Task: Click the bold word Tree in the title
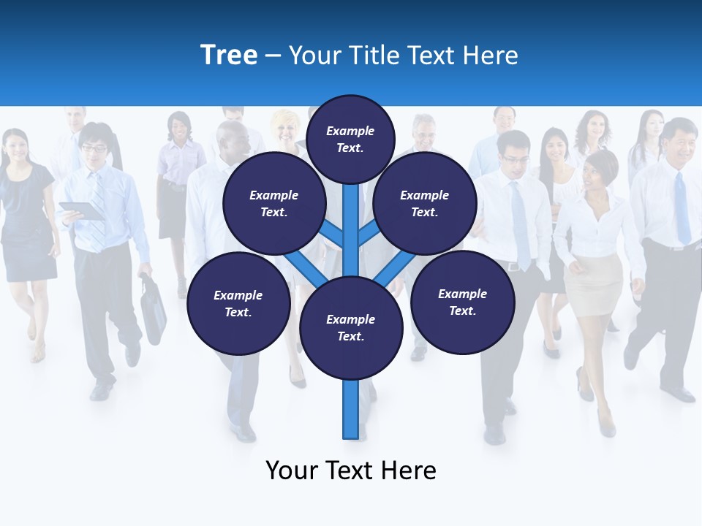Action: coord(229,56)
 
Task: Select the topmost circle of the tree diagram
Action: coord(350,139)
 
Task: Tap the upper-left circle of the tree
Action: coord(273,203)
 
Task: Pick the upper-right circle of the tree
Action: coord(425,203)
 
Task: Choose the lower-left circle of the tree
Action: coord(238,303)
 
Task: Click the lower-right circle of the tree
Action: coord(463,302)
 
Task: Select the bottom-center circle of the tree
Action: coord(351,328)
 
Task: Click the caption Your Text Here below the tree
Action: coord(351,470)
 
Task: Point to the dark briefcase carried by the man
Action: coord(153,310)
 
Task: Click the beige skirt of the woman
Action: coord(592,285)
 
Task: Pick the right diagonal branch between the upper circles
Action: coord(369,234)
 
